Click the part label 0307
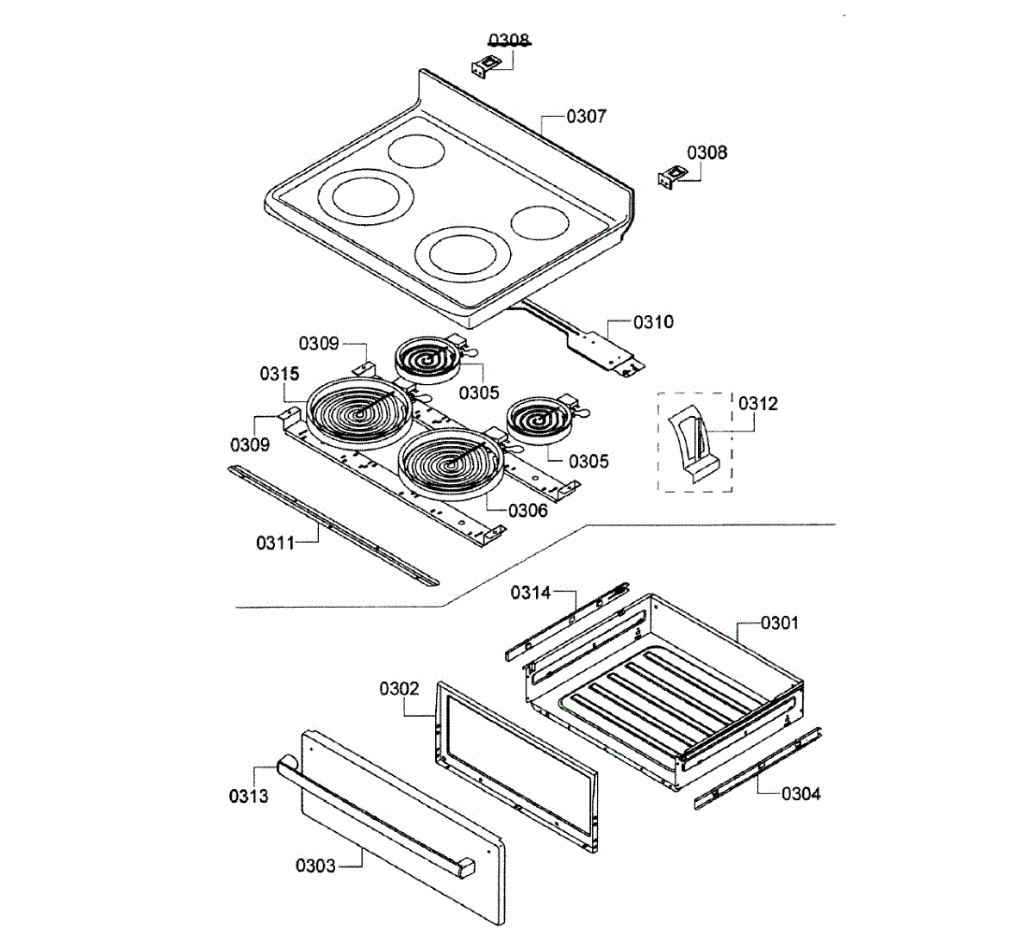click(586, 116)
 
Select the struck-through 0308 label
click(508, 40)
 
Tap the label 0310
click(653, 322)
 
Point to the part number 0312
click(757, 403)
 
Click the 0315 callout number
click(279, 374)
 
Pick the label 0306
click(527, 511)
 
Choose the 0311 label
click(275, 543)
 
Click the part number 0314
click(530, 593)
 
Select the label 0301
click(779, 623)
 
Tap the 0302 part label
click(399, 689)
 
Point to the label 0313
click(248, 796)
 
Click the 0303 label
click(315, 866)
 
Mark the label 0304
click(800, 793)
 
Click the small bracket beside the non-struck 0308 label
click(673, 178)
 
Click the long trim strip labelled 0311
click(332, 525)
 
